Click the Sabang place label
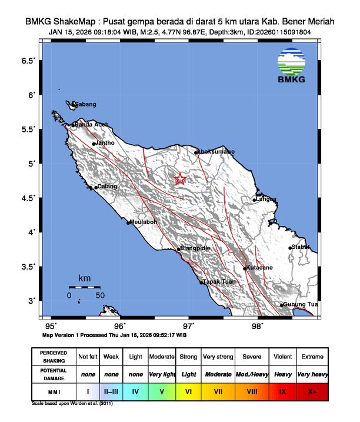click(x=85, y=105)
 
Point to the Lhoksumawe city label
click(x=216, y=152)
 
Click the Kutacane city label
click(x=259, y=268)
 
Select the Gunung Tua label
click(x=300, y=304)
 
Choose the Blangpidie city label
click(x=195, y=248)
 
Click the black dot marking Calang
click(x=96, y=188)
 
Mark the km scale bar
click(x=84, y=287)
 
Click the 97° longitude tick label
click(x=188, y=325)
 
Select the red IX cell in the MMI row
click(x=282, y=390)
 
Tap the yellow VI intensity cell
click(x=189, y=390)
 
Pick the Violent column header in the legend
click(x=282, y=357)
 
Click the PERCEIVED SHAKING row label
click(x=54, y=357)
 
